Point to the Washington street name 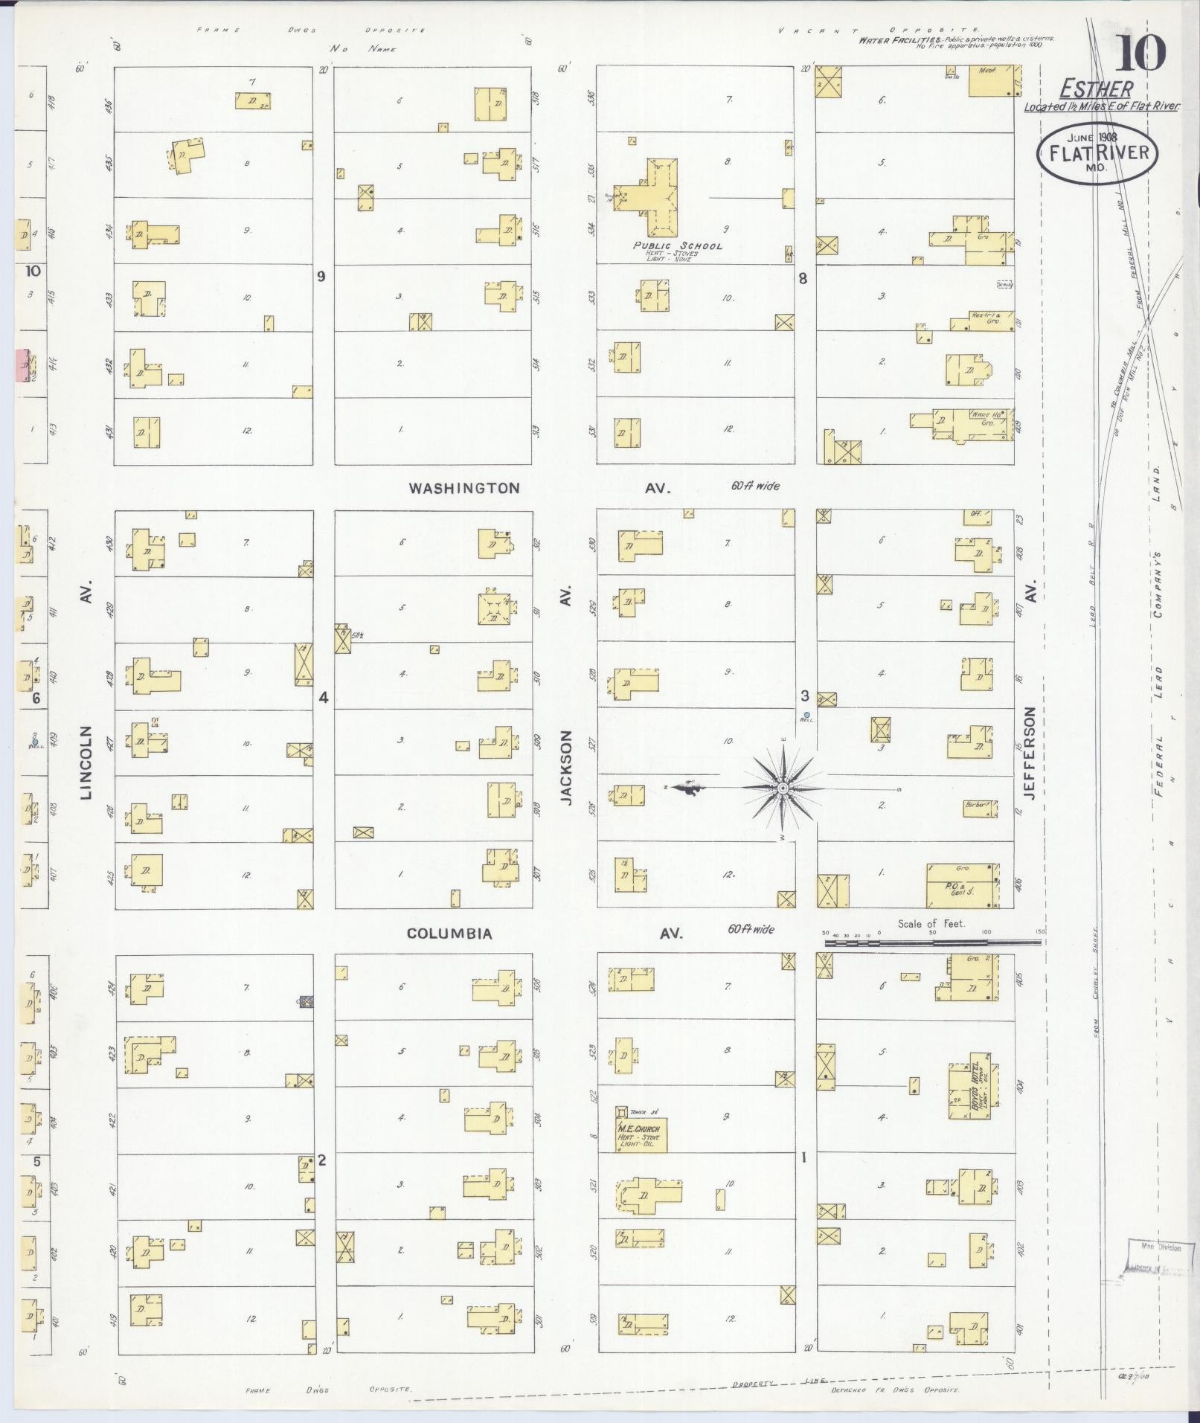463,488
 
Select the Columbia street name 449,933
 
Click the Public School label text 677,245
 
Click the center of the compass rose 783,788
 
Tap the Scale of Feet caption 931,924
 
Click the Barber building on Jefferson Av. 980,807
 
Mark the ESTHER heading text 1096,90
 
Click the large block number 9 321,277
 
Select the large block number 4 323,697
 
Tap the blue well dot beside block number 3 806,715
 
